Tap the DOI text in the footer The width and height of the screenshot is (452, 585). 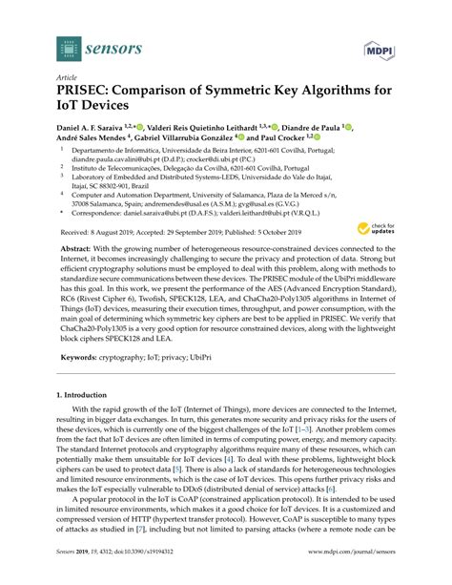point(143,573)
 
